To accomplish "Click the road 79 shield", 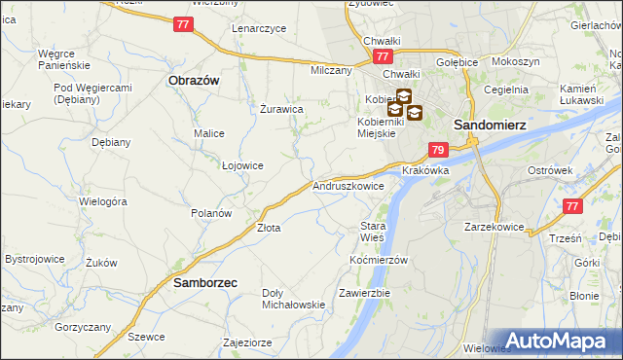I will tap(438, 150).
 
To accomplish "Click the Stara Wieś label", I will tap(373, 232).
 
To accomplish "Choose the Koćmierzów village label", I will tap(378, 261).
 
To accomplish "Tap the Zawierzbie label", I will tap(364, 293).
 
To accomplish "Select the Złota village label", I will tap(269, 229).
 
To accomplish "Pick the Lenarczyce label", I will tap(259, 28).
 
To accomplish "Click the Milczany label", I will tap(330, 71).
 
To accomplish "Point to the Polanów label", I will tap(210, 213).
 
